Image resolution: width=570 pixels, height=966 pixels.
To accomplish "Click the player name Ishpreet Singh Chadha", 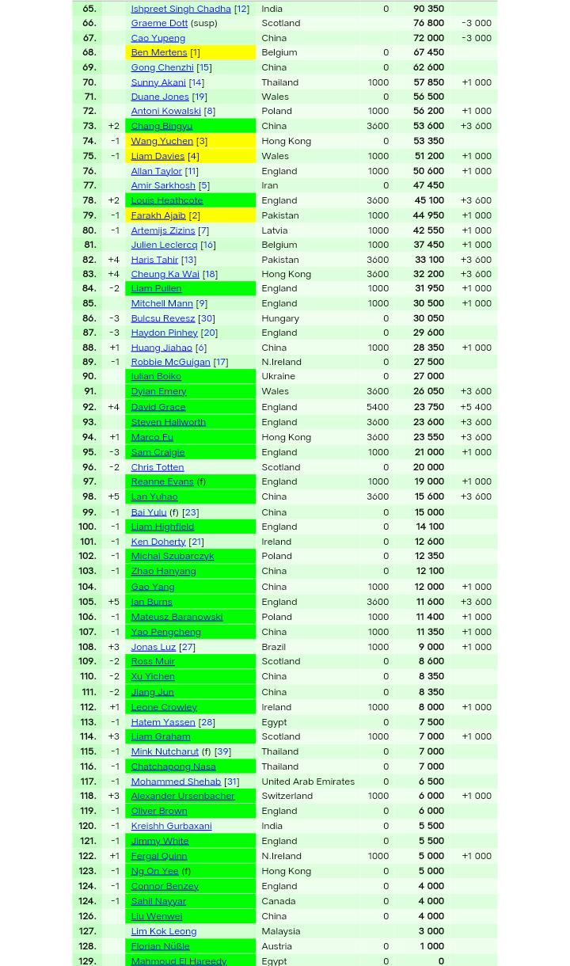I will [180, 9].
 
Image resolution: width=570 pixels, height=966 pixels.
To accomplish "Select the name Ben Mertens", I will [158, 52].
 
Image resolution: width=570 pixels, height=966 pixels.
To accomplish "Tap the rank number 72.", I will [89, 111].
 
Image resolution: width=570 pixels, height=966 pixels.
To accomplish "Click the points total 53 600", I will [428, 125].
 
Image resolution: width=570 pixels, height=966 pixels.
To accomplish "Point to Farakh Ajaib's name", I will [158, 215].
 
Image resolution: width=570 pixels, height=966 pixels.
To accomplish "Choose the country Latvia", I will [274, 230].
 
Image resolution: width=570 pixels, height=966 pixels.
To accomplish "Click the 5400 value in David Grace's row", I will [377, 406].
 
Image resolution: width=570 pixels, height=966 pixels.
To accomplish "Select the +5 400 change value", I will [476, 406].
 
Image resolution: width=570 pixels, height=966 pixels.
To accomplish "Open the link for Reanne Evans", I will [161, 481].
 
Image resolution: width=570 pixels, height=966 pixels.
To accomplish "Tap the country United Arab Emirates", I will [307, 781].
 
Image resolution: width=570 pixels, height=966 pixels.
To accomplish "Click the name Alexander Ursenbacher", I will [182, 796].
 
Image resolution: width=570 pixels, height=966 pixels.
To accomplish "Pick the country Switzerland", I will [287, 796].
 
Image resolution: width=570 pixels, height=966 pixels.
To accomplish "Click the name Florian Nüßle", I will [160, 945].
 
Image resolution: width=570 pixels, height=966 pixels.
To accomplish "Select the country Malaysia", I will [280, 930].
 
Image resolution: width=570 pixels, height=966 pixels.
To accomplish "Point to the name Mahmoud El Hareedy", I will [178, 960].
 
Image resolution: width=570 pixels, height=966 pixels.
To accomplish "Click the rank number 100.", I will [87, 526].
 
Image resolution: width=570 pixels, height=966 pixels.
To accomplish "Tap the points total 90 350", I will [428, 9].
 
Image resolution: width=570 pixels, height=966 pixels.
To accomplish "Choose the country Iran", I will [269, 185].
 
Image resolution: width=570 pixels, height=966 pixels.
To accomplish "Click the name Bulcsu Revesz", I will [162, 318].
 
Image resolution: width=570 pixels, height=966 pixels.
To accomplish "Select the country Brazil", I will [273, 646].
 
